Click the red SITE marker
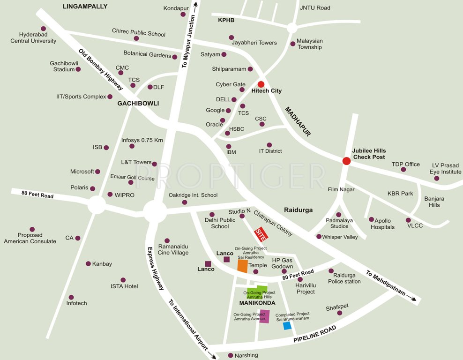tap(260, 233)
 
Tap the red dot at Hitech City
tap(261, 84)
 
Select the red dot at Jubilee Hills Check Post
tap(346, 161)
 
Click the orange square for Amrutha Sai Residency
tap(242, 266)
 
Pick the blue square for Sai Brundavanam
tap(287, 325)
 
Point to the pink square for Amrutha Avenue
tap(264, 317)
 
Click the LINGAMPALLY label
tap(85, 7)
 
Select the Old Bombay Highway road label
tap(101, 70)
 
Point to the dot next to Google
tap(228, 111)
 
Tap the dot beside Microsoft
tap(97, 172)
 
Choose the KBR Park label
tap(400, 193)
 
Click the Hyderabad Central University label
tap(33, 37)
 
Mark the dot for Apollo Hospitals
tap(371, 219)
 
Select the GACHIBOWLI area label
tap(138, 103)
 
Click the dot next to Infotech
tap(71, 297)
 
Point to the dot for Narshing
tap(230, 355)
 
